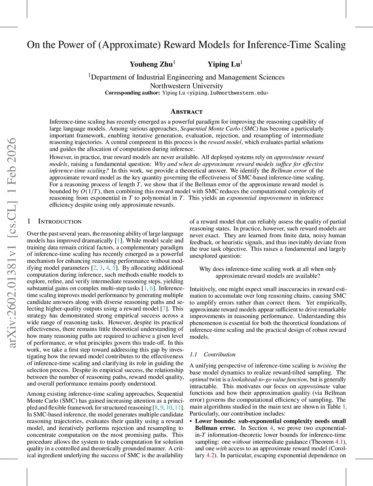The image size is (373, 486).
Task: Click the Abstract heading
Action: (x=186, y=111)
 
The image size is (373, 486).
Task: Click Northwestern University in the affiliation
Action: (x=186, y=85)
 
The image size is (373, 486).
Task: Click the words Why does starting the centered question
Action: (x=211, y=269)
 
